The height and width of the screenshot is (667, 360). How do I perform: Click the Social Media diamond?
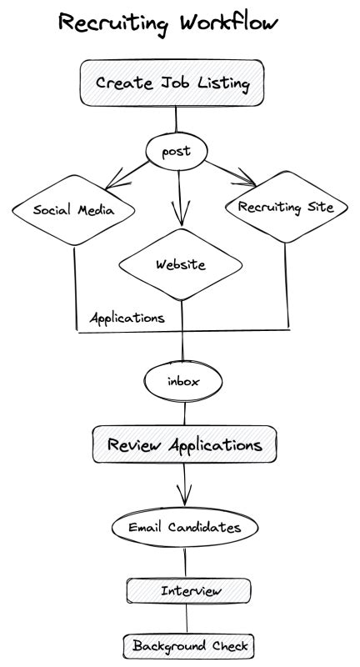point(73,210)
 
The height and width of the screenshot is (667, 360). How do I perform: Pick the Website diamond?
point(181,265)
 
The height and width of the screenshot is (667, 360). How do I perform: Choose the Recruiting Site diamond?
point(286,206)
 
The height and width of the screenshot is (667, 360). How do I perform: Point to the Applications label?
point(127,318)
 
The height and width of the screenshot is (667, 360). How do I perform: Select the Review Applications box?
point(183,445)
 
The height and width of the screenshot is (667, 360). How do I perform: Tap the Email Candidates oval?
point(184,527)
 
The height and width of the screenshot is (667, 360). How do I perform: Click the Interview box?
point(188,590)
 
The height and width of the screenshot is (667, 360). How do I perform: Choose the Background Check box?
point(187,646)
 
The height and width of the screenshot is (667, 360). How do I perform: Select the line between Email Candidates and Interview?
point(185,561)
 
